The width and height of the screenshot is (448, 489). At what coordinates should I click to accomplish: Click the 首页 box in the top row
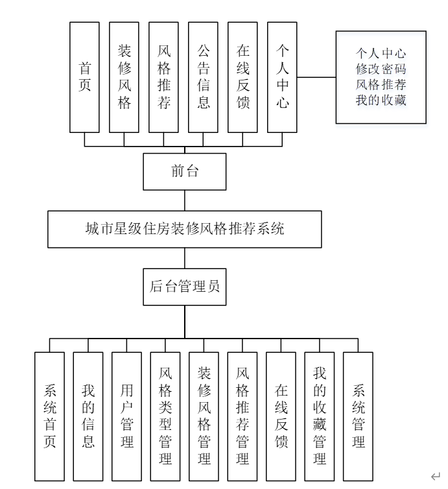tap(84, 77)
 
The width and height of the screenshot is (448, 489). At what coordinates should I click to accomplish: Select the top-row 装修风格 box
tap(124, 77)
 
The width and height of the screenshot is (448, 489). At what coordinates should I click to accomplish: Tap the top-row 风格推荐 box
tap(163, 77)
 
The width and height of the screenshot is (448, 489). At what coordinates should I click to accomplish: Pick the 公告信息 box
tap(203, 77)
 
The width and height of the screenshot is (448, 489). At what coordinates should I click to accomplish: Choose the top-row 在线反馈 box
tap(242, 77)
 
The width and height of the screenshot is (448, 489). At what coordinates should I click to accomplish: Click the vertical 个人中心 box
tap(282, 77)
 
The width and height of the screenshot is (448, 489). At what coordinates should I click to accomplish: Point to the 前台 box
tap(185, 171)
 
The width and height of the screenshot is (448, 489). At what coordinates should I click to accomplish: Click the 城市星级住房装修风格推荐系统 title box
tap(185, 229)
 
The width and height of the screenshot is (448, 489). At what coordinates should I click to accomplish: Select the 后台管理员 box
tap(185, 286)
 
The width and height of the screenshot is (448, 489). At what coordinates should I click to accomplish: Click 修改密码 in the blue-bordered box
tap(381, 68)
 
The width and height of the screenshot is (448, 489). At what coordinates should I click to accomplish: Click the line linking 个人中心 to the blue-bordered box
tap(316, 77)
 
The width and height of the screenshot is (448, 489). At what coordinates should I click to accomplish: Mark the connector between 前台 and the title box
tap(185, 200)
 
